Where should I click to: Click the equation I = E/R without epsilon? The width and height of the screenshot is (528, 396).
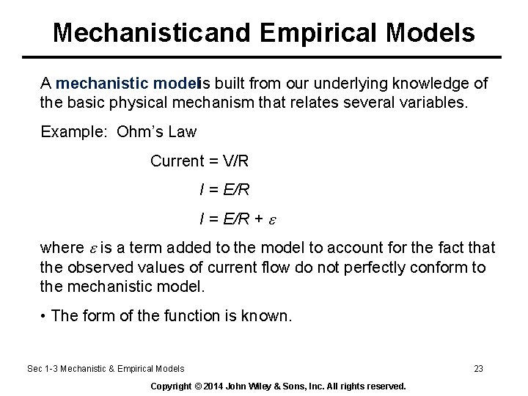pyautogui.click(x=224, y=190)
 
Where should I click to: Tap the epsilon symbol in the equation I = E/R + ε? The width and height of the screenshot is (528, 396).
pyautogui.click(x=272, y=219)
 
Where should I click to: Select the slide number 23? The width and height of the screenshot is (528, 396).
pyautogui.click(x=478, y=369)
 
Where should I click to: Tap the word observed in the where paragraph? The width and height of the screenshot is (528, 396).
pyautogui.click(x=96, y=268)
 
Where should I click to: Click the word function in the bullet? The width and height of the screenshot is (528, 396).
pyautogui.click(x=184, y=316)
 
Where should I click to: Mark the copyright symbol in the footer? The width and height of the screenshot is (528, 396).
pyautogui.click(x=198, y=386)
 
